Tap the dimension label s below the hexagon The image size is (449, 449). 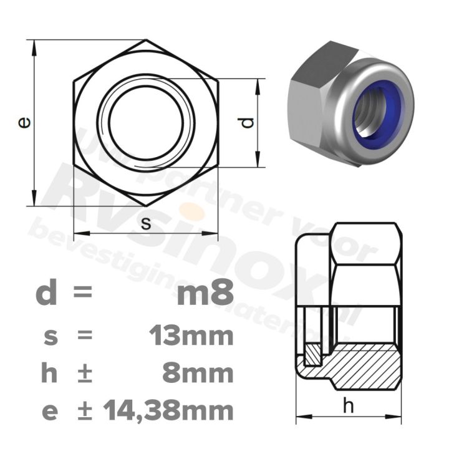146,224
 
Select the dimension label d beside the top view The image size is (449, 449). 248,123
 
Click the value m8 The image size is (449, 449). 205,294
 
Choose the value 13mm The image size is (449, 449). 191,337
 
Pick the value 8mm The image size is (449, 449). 198,374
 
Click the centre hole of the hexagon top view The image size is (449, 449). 146,123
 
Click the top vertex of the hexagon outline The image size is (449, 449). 146,40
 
